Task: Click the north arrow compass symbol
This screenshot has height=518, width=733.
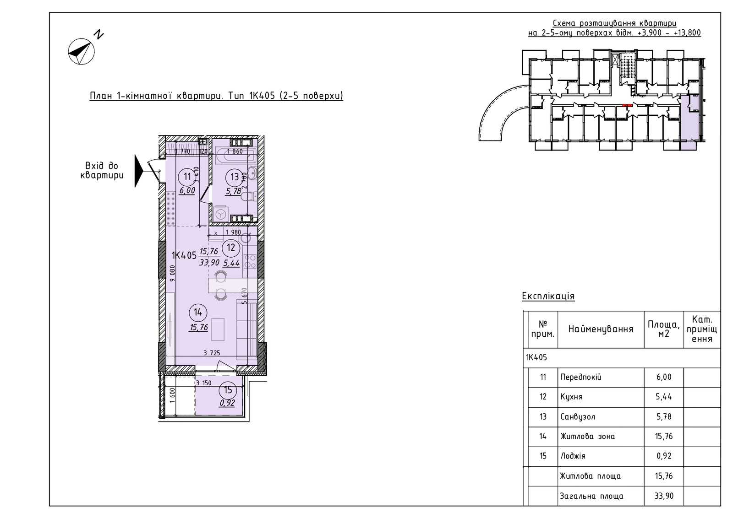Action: [82, 51]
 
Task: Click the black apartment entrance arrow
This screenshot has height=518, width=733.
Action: [139, 171]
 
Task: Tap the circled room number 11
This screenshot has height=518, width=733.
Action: [187, 177]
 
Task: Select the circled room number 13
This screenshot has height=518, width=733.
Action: [234, 177]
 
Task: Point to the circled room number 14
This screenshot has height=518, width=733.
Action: [197, 313]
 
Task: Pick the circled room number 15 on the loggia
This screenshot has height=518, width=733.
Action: [228, 390]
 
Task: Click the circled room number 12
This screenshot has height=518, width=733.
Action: [231, 248]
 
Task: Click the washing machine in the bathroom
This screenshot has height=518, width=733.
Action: [221, 214]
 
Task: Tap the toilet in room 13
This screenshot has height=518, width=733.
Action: [250, 197]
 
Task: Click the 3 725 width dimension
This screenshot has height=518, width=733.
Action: [212, 353]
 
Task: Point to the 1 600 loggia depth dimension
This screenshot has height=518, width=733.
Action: [173, 395]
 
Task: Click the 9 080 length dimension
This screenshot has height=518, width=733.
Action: [172, 273]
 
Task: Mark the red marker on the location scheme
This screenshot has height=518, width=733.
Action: [627, 105]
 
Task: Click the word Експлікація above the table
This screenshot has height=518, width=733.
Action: [548, 296]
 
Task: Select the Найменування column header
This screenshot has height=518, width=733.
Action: [601, 329]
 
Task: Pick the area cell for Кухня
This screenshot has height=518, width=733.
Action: [664, 397]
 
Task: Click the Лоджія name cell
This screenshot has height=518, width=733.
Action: [601, 456]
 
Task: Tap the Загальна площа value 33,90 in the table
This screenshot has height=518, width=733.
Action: [664, 496]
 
